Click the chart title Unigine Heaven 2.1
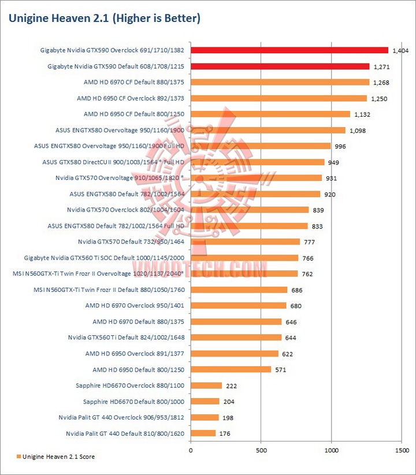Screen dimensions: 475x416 tap(104, 18)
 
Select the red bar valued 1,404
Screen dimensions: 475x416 tap(289, 50)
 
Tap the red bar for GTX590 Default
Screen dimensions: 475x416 tap(280, 66)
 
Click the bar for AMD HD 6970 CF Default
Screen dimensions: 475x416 tap(279, 82)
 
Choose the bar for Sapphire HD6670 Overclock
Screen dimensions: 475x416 tap(206, 385)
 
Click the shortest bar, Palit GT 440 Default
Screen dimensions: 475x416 tap(203, 433)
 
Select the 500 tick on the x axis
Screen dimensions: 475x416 tap(261, 448)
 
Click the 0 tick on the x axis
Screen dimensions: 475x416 tap(191, 448)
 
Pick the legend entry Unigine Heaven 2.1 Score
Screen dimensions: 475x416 tap(54, 457)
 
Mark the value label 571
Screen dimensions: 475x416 tap(281, 369)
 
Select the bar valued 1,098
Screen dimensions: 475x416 tap(268, 130)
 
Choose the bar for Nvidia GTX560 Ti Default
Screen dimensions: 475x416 tap(236, 337)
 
